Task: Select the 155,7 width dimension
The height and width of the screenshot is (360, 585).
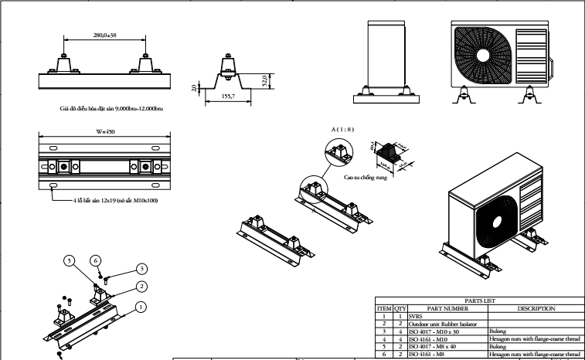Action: coord(228,97)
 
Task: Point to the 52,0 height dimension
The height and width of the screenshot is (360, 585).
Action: coord(265,80)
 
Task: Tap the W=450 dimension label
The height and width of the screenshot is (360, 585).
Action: coord(105,132)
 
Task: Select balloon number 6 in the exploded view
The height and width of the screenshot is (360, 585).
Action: coord(97,261)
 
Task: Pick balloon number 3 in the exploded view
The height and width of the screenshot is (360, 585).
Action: coord(141,268)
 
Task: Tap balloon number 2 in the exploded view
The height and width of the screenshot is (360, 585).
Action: coord(141,287)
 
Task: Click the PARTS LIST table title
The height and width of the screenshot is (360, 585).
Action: coord(479,301)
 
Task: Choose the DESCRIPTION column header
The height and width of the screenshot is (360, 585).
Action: coord(533,308)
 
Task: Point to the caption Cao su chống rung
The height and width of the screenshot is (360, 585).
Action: coord(365,176)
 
